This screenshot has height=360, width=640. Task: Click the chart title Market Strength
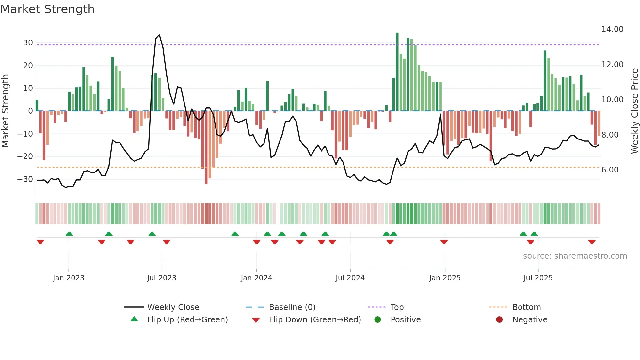point(47,9)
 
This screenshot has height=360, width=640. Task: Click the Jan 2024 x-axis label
point(256,278)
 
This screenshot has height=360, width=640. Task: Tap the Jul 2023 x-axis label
point(162,278)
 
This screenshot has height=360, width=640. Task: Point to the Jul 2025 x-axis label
point(538,278)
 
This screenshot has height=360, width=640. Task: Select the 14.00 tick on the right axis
point(612,29)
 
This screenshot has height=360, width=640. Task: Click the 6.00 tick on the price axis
point(610,170)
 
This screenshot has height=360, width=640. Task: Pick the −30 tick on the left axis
point(25,179)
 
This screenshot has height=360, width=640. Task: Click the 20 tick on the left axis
point(28,66)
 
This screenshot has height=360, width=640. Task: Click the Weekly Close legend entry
point(173,307)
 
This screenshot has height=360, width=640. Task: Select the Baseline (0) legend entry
point(292,307)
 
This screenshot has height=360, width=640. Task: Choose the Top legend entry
point(397,307)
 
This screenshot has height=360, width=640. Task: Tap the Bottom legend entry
point(526,307)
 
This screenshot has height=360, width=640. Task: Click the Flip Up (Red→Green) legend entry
point(187,320)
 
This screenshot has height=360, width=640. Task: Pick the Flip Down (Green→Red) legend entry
point(315,320)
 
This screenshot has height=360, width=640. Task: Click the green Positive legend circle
point(377,320)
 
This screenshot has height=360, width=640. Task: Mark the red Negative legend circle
point(499,320)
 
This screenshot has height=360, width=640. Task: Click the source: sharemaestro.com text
point(575,256)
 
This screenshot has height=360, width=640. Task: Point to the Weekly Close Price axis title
point(634,111)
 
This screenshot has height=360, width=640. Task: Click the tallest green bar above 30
point(397,72)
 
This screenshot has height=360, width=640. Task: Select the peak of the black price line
point(159,35)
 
